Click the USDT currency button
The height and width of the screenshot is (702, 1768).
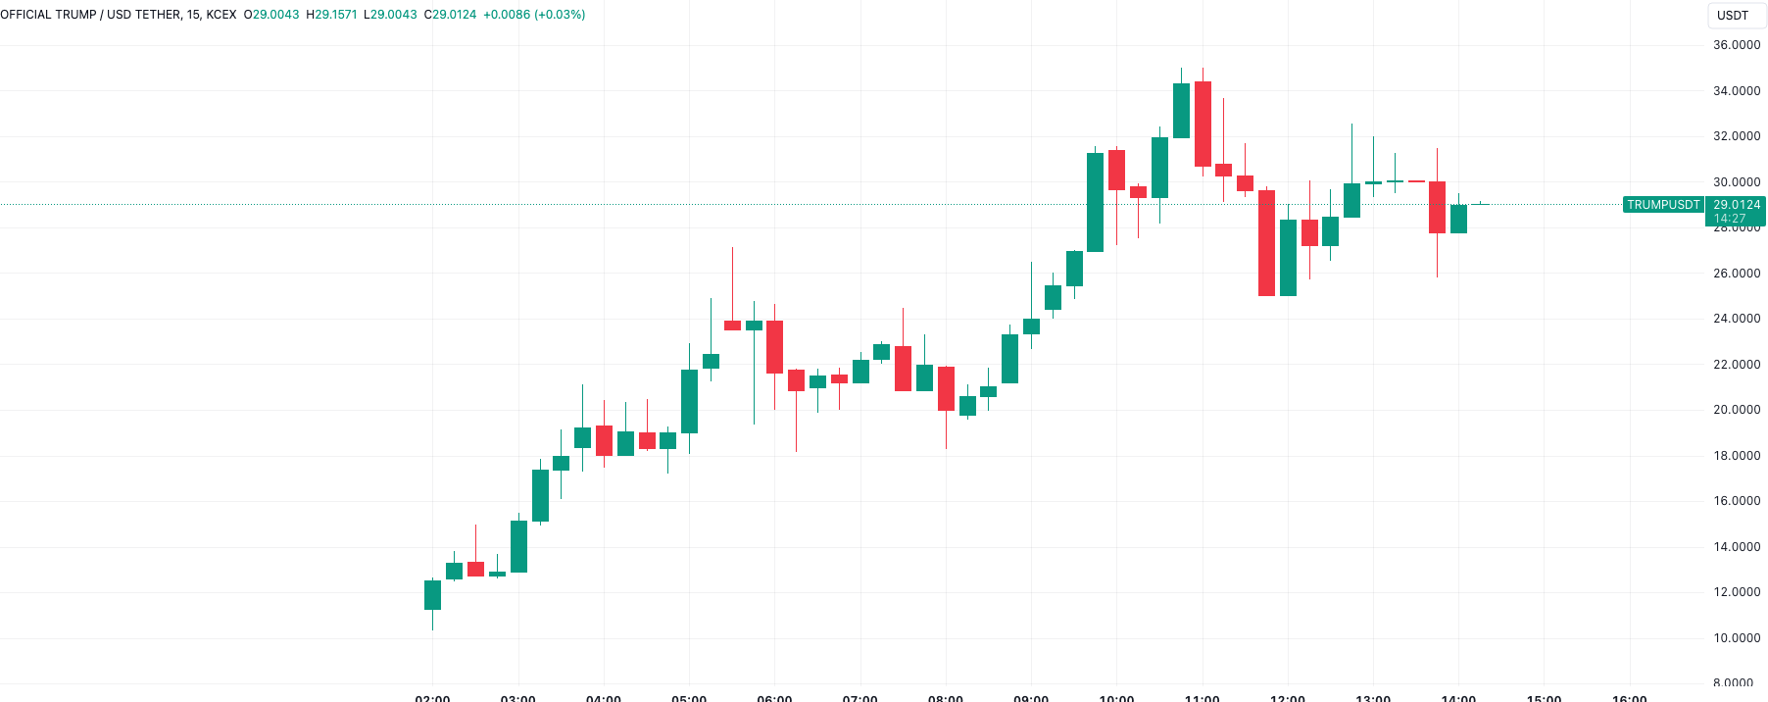1732,15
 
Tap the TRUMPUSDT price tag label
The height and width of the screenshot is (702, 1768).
1663,205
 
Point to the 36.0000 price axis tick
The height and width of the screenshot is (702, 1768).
1736,45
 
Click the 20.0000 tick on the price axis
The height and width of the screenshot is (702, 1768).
1736,410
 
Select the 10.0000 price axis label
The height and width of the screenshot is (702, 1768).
1736,638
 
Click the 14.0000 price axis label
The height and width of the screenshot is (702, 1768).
1736,547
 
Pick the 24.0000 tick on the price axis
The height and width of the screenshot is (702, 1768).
1736,319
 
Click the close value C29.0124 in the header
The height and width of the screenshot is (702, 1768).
450,15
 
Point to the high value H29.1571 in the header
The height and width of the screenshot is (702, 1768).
332,15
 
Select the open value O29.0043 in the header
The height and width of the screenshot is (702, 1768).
271,15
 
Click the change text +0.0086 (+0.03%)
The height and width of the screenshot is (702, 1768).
534,15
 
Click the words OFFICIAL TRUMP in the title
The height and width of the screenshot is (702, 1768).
48,15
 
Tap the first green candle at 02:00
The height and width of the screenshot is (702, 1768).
432,595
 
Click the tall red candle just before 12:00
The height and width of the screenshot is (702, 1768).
1266,242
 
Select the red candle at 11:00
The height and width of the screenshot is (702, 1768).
1203,124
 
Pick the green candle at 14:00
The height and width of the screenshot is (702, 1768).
1458,219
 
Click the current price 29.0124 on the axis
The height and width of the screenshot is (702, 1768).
1736,205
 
